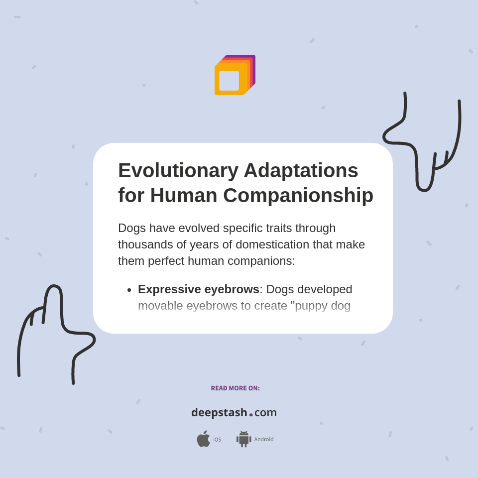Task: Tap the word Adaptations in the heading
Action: point(301,171)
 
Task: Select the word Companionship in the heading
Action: point(298,195)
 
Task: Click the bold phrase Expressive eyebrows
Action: point(198,289)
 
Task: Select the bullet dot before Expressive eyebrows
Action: point(129,290)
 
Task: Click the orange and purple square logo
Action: point(235,75)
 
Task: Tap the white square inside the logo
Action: point(229,81)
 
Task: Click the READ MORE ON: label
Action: point(235,388)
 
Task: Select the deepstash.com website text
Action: point(234,413)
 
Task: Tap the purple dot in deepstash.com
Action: point(251,415)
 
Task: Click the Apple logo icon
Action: point(203,439)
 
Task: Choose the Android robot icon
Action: point(243,439)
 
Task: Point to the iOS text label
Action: point(217,440)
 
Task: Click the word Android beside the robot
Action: point(264,440)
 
